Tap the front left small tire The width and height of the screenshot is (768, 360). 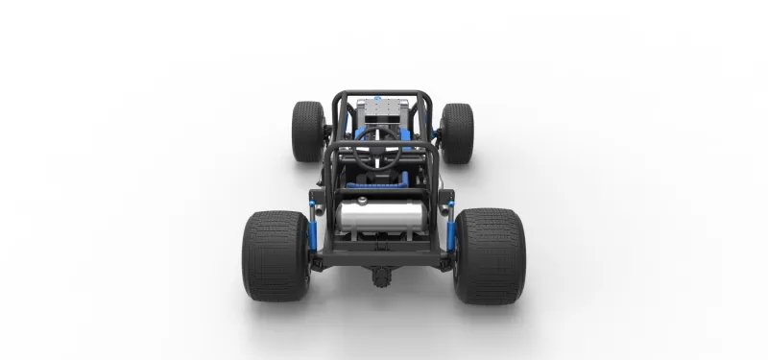(x=308, y=132)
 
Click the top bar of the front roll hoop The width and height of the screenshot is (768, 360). (x=382, y=93)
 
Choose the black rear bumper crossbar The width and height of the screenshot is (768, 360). (x=382, y=257)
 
